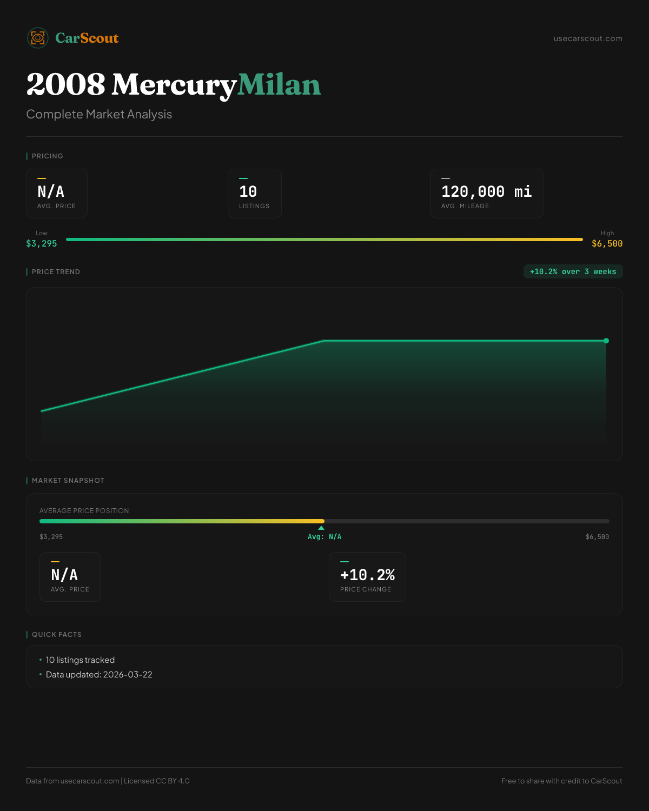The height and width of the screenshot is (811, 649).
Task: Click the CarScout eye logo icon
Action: pyautogui.click(x=38, y=38)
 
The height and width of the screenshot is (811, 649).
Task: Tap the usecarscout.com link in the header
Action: pyautogui.click(x=588, y=38)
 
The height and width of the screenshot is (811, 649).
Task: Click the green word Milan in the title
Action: pyautogui.click(x=279, y=85)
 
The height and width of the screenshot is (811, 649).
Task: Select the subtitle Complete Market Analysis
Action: pyautogui.click(x=99, y=115)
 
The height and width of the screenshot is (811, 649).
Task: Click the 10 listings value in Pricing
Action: pyautogui.click(x=248, y=192)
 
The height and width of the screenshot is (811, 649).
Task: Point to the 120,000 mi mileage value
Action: pyautogui.click(x=486, y=192)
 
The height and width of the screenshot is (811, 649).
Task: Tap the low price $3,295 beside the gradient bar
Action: pyautogui.click(x=42, y=244)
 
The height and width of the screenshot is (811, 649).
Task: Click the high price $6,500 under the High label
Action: pyautogui.click(x=607, y=244)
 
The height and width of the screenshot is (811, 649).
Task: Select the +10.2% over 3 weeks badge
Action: pyautogui.click(x=573, y=271)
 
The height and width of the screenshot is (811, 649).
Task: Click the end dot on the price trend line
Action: pyautogui.click(x=606, y=341)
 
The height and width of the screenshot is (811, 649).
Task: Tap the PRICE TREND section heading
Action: pyautogui.click(x=56, y=272)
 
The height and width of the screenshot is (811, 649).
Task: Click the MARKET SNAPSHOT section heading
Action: pyautogui.click(x=68, y=481)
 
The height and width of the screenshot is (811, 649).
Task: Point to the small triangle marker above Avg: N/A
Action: pyautogui.click(x=321, y=528)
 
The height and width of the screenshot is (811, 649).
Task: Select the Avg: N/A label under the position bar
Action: pyautogui.click(x=325, y=537)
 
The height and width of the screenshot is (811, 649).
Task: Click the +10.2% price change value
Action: pyautogui.click(x=367, y=575)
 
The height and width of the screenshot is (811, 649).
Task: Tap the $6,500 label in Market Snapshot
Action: pyautogui.click(x=597, y=537)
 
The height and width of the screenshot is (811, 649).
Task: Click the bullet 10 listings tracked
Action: pyautogui.click(x=80, y=660)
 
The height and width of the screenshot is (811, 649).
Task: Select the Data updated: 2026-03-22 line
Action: pyautogui.click(x=99, y=675)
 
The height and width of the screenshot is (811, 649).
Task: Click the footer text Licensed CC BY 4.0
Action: pyautogui.click(x=157, y=781)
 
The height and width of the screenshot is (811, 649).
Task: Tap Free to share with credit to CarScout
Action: pyautogui.click(x=561, y=781)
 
